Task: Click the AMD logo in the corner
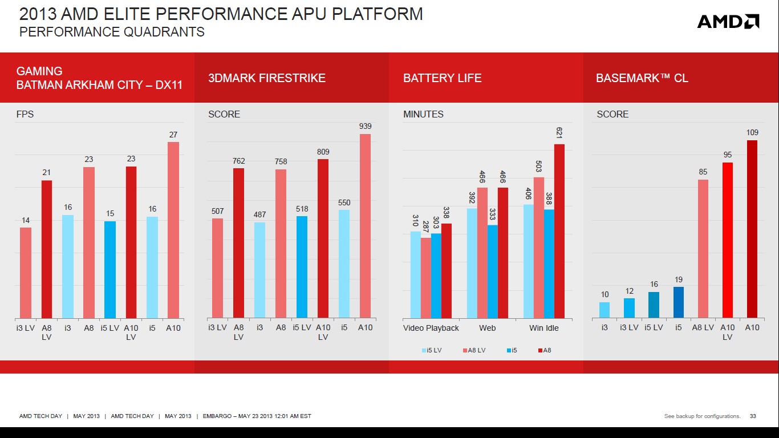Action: point(728,22)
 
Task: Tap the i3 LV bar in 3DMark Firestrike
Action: point(217,268)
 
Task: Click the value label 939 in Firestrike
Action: point(365,126)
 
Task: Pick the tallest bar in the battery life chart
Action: point(559,231)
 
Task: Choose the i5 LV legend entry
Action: point(432,350)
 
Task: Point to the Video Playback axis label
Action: point(431,328)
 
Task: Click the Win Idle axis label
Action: point(543,328)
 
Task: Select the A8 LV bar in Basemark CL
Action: point(703,249)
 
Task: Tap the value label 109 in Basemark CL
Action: point(752,132)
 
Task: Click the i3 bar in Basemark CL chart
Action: point(604,310)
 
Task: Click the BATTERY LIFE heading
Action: point(442,78)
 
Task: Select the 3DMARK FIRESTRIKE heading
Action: point(267,78)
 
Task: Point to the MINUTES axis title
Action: point(423,114)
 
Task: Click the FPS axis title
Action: point(25,114)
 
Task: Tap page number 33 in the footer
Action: point(753,416)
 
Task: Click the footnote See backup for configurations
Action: point(702,416)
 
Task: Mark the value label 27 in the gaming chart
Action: point(173,135)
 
